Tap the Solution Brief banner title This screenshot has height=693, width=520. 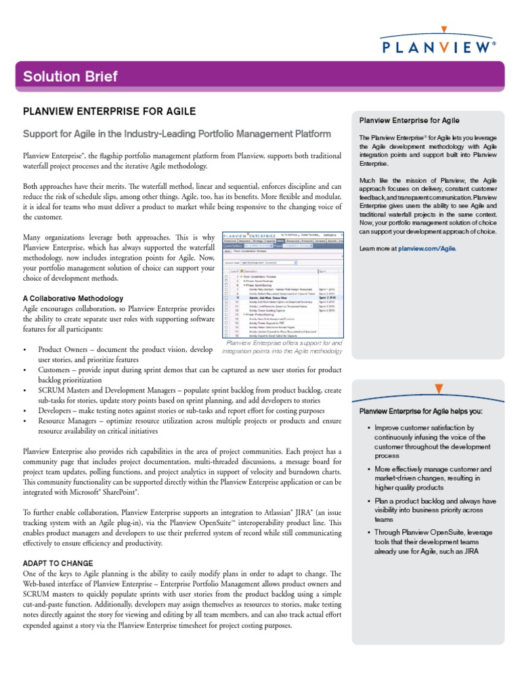point(70,76)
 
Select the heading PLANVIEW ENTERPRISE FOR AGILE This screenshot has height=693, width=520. point(110,111)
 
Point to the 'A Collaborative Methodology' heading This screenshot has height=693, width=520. point(73,298)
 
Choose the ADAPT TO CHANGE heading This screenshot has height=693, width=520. point(58,563)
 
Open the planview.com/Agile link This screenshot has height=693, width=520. point(427,248)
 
